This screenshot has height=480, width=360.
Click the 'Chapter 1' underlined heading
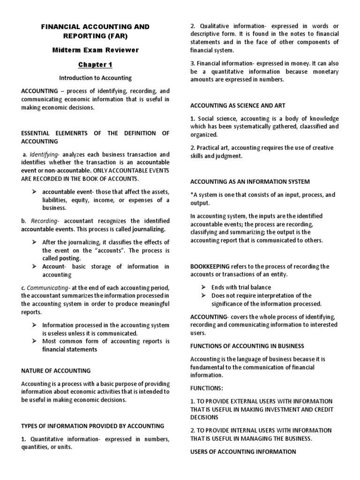pos(95,65)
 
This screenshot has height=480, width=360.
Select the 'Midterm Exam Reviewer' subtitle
pos(95,51)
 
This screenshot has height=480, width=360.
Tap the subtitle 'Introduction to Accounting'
pos(95,78)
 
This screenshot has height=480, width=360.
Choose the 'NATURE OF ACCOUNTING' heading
pos(56,370)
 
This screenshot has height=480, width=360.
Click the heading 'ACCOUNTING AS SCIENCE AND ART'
pos(238,105)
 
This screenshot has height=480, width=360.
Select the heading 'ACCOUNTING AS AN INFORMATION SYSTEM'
pos(250,181)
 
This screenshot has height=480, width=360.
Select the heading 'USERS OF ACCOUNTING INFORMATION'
pos(243,451)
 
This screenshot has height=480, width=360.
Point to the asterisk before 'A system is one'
pos(192,195)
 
